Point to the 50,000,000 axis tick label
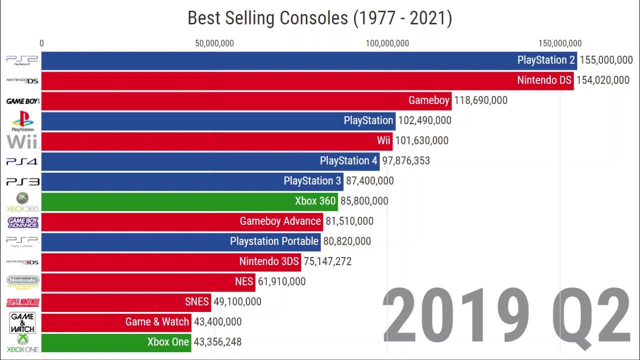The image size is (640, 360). (x=214, y=43)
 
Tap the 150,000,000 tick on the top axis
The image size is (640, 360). (x=560, y=43)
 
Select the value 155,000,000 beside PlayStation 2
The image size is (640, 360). (x=606, y=60)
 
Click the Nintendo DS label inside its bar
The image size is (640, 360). (x=544, y=80)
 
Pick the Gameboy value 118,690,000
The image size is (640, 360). (x=480, y=100)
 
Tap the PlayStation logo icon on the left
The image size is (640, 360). (x=22, y=121)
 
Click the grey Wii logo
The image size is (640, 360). (x=22, y=141)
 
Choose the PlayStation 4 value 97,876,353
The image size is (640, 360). (x=406, y=161)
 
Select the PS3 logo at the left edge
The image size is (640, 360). (x=22, y=181)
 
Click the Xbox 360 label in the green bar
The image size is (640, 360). (x=315, y=201)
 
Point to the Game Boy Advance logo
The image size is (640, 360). (x=22, y=222)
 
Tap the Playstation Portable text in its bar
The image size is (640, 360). (x=274, y=241)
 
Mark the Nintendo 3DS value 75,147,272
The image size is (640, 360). (x=327, y=261)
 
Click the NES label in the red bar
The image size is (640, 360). (x=244, y=281)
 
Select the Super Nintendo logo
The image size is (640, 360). (x=22, y=302)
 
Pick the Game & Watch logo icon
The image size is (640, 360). (x=22, y=322)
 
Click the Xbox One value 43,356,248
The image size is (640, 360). (x=217, y=342)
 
